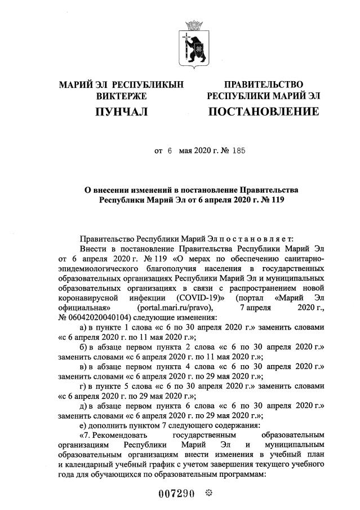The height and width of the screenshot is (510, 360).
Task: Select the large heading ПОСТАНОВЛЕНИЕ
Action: [x=263, y=112]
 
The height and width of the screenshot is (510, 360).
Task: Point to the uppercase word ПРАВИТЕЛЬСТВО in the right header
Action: [x=264, y=85]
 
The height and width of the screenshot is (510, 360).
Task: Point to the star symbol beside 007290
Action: [x=208, y=494]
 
